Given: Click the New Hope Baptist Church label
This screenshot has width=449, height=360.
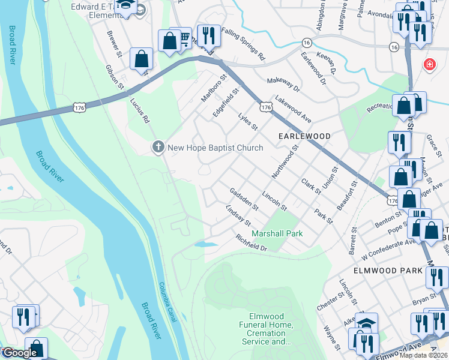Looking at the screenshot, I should [x=215, y=148].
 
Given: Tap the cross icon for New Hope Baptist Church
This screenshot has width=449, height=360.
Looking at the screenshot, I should [x=158, y=148].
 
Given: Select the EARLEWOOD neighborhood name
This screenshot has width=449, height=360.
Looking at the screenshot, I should [x=304, y=136].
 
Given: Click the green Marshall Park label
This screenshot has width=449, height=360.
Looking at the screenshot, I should [x=277, y=233].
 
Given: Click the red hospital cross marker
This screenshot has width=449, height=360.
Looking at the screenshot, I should [x=430, y=65].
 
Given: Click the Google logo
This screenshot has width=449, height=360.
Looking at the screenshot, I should [x=19, y=353].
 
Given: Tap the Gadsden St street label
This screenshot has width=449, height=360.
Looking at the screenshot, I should [x=244, y=199].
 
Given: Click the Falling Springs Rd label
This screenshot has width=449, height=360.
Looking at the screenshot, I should [x=243, y=43].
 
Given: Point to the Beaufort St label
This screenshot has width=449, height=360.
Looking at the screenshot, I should [x=347, y=194].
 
